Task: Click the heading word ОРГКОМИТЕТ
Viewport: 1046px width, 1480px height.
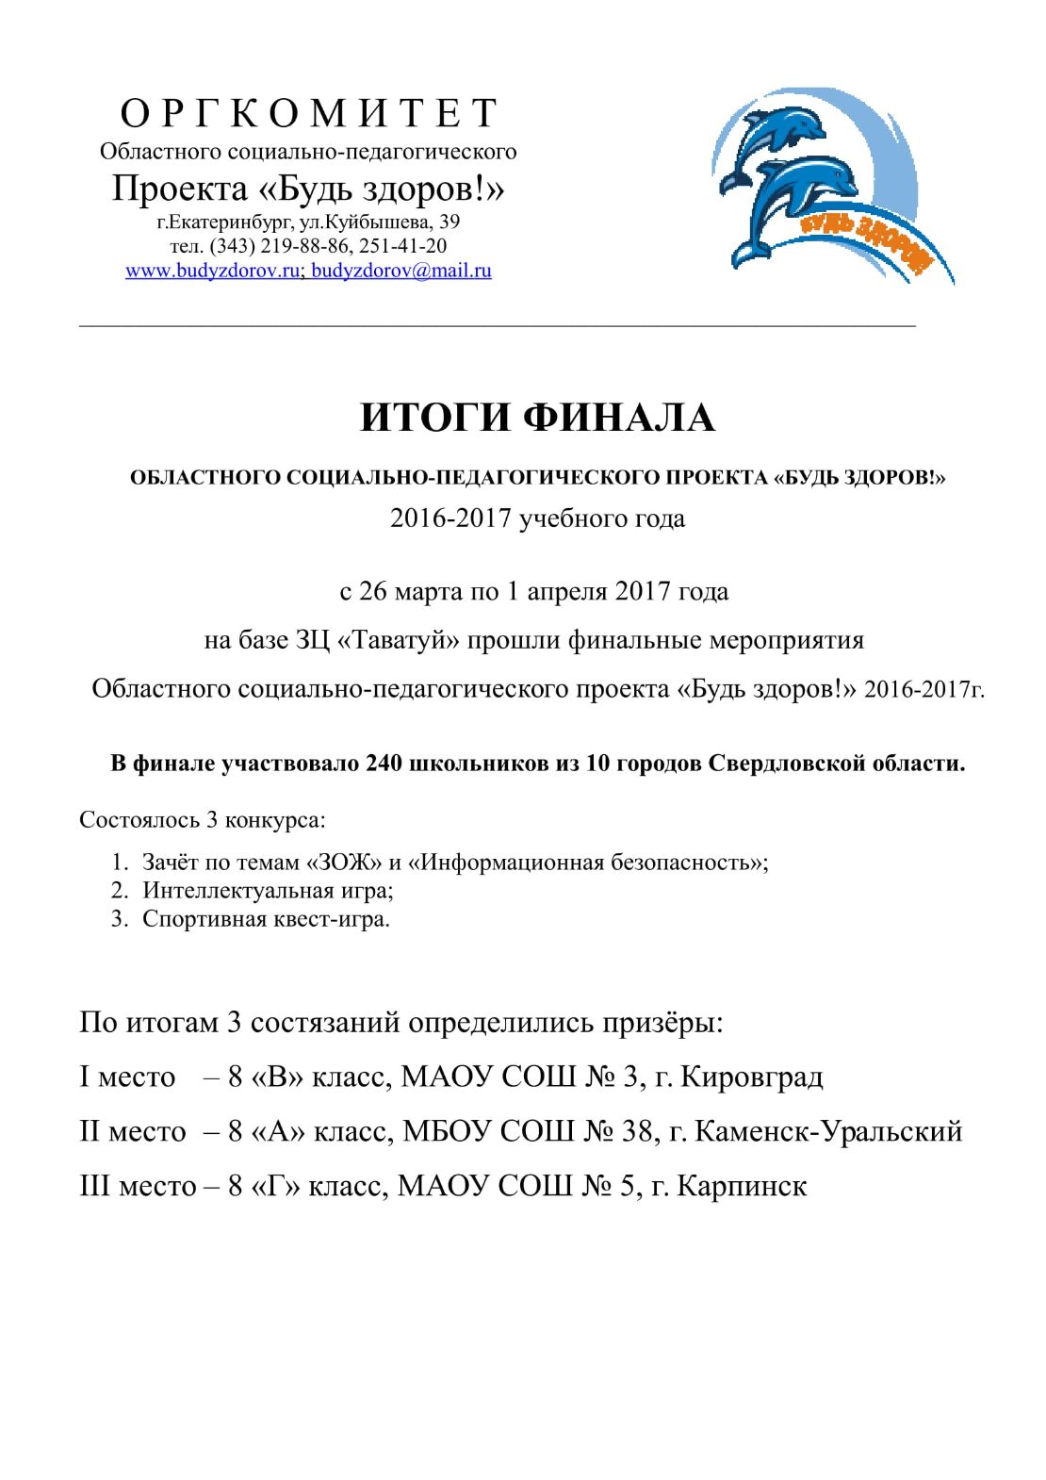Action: coord(308,113)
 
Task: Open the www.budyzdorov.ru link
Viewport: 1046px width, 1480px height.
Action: coord(212,271)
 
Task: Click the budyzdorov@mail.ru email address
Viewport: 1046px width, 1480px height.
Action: coord(401,271)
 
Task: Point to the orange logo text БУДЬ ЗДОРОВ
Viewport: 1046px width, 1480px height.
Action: coord(867,242)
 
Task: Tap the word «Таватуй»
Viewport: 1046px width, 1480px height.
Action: coord(398,641)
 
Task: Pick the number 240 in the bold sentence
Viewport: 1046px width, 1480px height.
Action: coord(384,764)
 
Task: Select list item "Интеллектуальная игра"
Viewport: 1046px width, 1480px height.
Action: coord(268,891)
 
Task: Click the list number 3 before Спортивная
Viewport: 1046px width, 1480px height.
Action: coord(119,919)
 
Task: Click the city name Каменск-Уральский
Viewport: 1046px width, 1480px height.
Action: coord(828,1131)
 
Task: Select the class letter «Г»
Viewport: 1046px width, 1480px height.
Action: coord(275,1186)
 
